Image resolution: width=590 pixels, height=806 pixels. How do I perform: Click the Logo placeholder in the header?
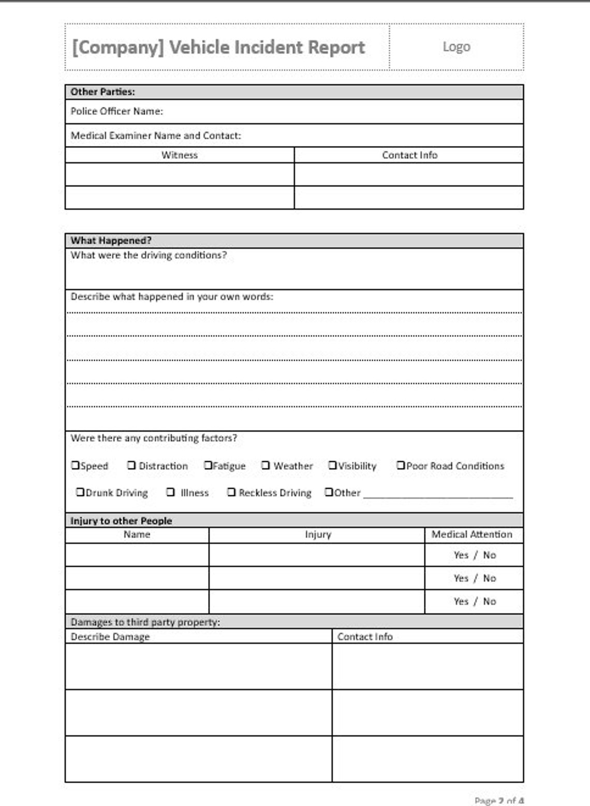(x=456, y=47)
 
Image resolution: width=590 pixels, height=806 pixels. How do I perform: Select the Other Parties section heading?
(x=102, y=92)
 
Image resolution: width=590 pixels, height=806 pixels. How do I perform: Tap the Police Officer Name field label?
(x=116, y=111)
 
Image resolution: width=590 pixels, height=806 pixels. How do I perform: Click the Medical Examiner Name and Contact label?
(x=155, y=136)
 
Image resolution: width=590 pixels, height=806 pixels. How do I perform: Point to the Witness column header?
(x=179, y=155)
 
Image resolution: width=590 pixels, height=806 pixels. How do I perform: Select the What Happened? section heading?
(x=111, y=241)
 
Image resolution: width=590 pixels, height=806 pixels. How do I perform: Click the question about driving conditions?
(x=149, y=255)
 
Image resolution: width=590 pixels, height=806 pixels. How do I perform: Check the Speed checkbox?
(x=75, y=465)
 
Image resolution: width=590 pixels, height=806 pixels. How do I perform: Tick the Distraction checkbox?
(x=131, y=465)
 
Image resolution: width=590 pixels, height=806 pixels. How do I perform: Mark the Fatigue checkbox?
(x=208, y=465)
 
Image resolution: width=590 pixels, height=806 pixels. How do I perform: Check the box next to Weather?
(x=265, y=465)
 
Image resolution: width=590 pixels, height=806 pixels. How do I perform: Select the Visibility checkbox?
(x=332, y=465)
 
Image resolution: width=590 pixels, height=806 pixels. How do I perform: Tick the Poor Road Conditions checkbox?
(x=400, y=465)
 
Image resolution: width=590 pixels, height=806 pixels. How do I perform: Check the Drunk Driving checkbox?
(x=80, y=492)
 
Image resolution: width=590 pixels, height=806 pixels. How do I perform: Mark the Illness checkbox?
(x=170, y=492)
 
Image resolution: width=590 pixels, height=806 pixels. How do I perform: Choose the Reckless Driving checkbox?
(x=231, y=492)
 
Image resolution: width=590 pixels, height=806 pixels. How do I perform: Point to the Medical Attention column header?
(x=471, y=534)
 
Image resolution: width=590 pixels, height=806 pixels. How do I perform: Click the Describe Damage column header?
(x=110, y=637)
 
